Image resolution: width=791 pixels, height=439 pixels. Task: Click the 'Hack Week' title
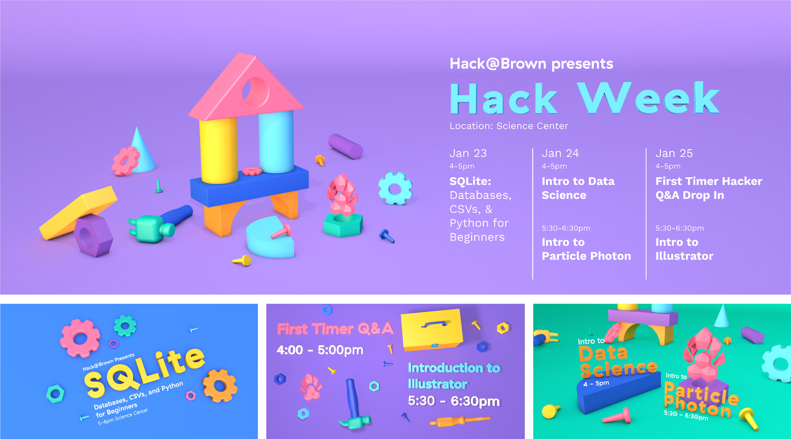pos(585,98)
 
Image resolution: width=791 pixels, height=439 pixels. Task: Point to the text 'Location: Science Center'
pos(509,126)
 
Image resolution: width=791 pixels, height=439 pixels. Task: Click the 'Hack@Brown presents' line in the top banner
pos(531,64)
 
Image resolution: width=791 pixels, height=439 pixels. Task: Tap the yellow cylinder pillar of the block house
pos(219,151)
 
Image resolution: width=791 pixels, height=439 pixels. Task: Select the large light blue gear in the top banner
pos(395,188)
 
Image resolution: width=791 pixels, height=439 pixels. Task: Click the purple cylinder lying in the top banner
pos(345,146)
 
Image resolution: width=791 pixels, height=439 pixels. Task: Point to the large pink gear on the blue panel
pos(80,338)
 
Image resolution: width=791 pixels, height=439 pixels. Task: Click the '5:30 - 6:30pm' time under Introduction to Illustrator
pos(454,401)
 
